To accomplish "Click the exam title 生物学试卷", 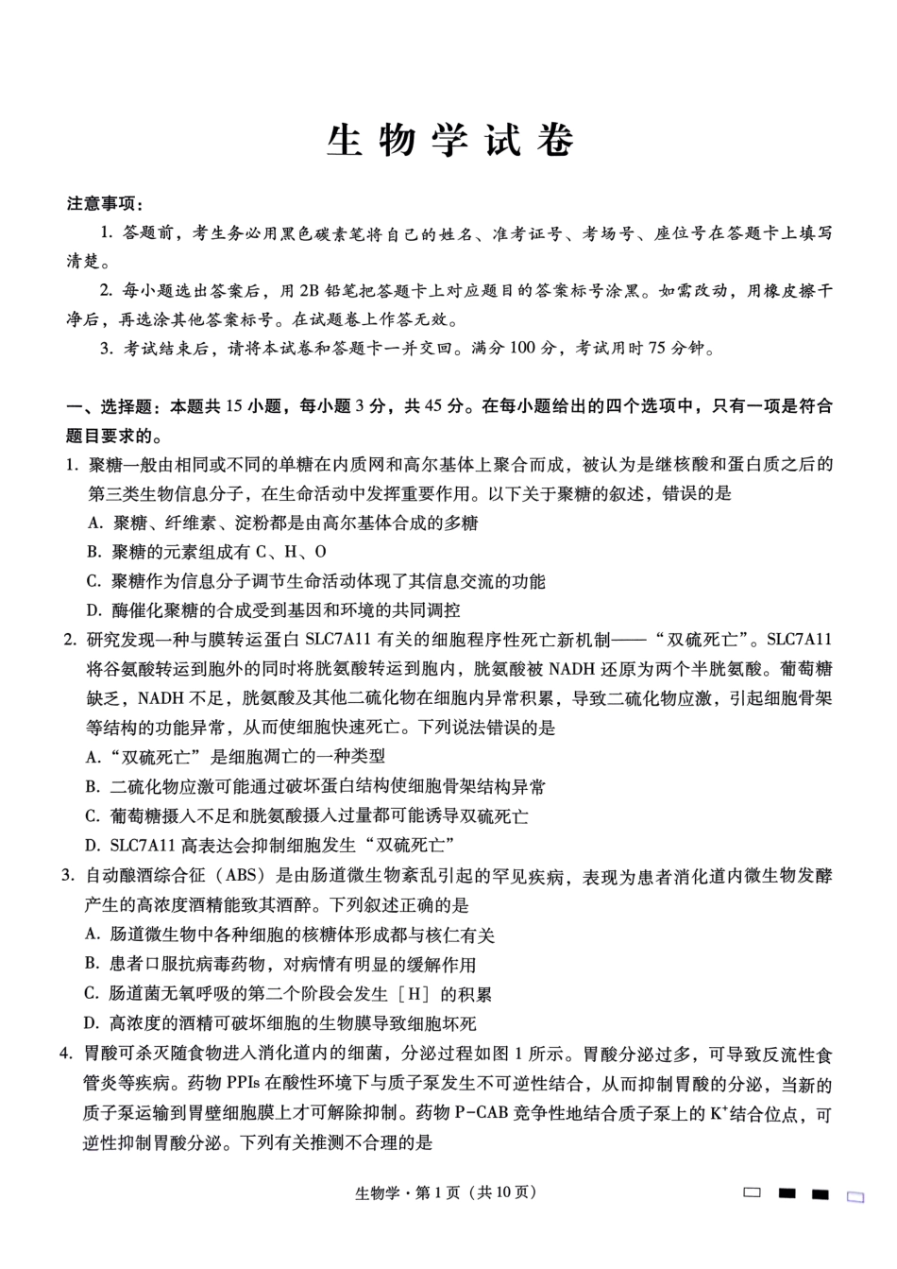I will [x=449, y=141].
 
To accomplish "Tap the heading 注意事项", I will [x=105, y=204].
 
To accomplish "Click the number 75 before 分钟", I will [x=658, y=349].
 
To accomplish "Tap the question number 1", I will [x=70, y=464].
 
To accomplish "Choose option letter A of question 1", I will [x=93, y=523].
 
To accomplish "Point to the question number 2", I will [x=70, y=640].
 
